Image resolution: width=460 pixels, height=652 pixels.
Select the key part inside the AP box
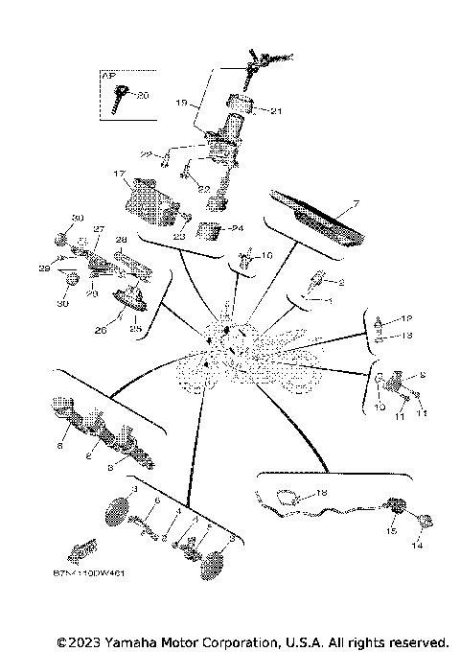(x=121, y=96)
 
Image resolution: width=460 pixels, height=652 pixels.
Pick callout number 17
(x=120, y=175)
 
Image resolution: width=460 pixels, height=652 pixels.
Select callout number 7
(x=354, y=203)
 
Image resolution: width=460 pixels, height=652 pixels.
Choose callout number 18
(x=321, y=492)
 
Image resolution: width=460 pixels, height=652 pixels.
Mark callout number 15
(x=390, y=529)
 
